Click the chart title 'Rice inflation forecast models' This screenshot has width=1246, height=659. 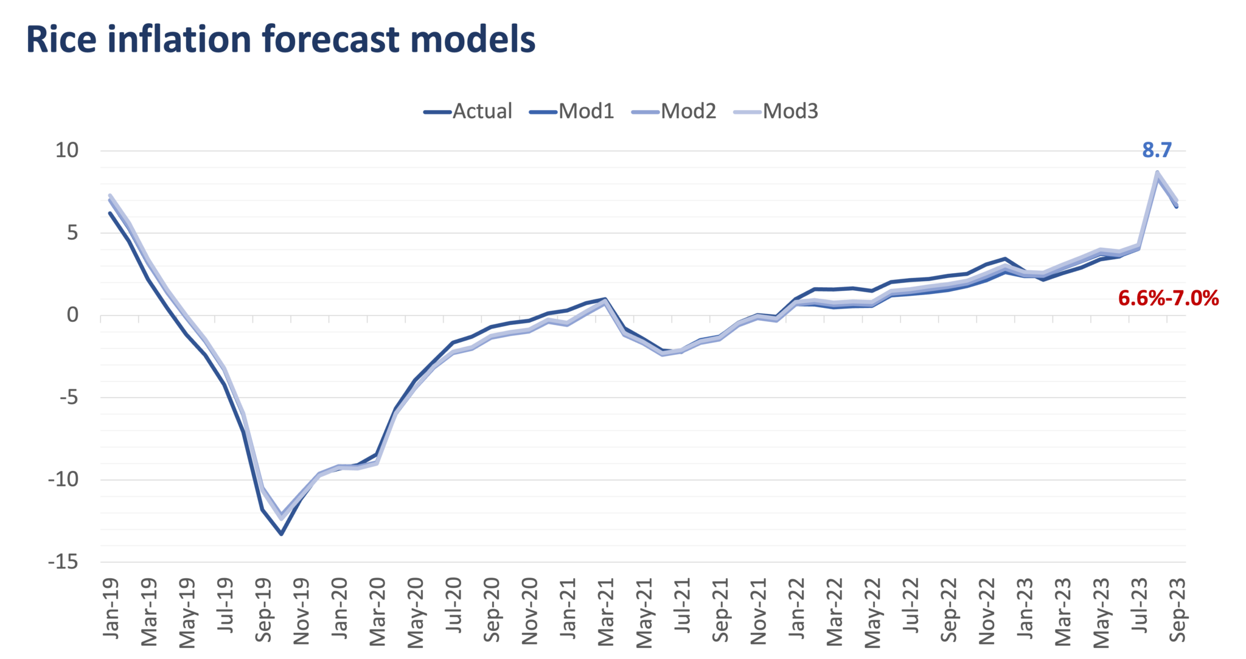(280, 40)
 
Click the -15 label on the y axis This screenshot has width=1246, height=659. (63, 562)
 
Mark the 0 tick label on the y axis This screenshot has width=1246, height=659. (72, 315)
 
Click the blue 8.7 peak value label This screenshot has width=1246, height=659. (1156, 150)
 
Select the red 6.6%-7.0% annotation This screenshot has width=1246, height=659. (1168, 298)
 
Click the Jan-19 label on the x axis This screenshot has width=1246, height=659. (111, 608)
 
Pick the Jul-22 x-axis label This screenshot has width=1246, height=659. (911, 608)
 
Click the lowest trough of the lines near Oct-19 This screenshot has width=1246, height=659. (281, 534)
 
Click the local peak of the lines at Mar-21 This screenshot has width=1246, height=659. (605, 299)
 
